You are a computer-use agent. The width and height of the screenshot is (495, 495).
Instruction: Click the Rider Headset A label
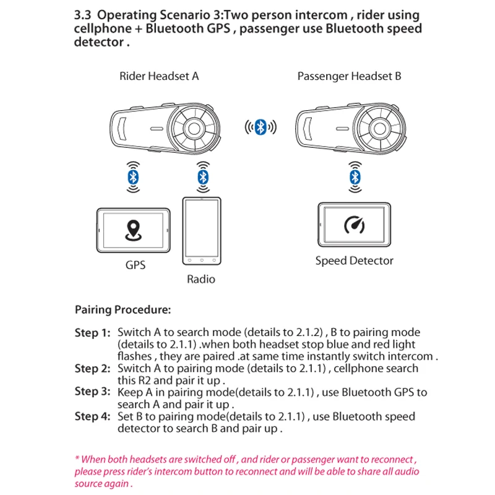[x=159, y=77]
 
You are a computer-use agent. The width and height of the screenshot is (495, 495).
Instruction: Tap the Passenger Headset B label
[x=349, y=77]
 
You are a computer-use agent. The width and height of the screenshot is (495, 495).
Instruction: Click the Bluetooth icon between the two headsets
[x=260, y=128]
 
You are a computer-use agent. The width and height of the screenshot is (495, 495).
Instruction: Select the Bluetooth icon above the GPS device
[x=132, y=178]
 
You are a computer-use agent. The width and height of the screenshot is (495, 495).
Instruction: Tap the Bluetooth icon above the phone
[x=202, y=178]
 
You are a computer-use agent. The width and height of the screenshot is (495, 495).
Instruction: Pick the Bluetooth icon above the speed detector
[x=354, y=178]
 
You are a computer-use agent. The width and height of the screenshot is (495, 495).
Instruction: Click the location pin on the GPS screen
[x=133, y=231]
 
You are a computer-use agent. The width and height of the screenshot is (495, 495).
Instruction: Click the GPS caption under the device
[x=136, y=265]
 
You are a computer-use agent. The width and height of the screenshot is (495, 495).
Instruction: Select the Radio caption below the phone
[x=201, y=279]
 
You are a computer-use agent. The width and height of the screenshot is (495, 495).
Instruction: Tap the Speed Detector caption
[x=354, y=260]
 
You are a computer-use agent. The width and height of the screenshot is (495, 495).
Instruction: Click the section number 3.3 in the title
[x=83, y=15]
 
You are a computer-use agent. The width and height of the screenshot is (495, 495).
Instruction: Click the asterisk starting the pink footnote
[x=76, y=460]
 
